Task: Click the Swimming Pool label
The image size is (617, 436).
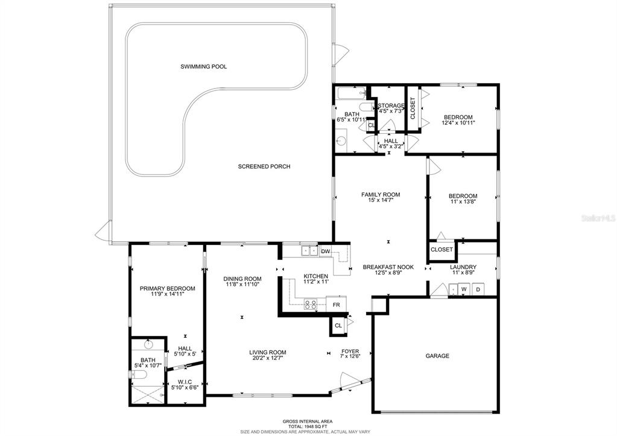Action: pos(203,66)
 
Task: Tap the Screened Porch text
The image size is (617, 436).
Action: pos(264,166)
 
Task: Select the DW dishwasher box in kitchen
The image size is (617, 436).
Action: pos(326,251)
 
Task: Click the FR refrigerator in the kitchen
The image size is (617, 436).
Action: pos(336,305)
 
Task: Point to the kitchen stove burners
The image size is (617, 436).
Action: pos(311,304)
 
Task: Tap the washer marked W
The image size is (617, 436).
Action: pos(464,289)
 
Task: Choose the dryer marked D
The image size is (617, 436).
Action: pos(478,289)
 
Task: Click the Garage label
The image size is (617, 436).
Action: pos(437,356)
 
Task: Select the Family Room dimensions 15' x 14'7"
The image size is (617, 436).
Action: pos(381,200)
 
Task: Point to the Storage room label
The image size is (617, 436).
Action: pos(391,106)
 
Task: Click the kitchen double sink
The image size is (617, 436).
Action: pos(309,251)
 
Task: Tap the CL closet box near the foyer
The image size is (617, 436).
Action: pos(338,326)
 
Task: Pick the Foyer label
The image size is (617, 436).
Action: pos(350,352)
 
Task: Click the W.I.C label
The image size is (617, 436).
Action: pos(185,382)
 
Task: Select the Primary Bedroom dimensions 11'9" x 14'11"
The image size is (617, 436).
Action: pos(167,294)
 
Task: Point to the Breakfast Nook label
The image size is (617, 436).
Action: pos(388,267)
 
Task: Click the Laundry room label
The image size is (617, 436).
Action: pos(463,267)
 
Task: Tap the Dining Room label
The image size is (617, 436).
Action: pos(242,279)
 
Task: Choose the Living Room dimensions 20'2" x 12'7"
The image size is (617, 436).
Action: pos(267,358)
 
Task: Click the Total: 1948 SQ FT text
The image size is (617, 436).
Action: pos(308,426)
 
